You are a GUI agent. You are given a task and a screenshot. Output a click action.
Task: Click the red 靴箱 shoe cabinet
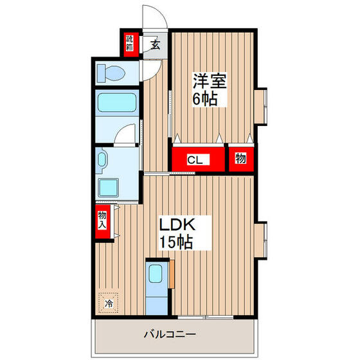[x=130, y=44]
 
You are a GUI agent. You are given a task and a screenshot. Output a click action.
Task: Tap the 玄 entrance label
[x=155, y=44]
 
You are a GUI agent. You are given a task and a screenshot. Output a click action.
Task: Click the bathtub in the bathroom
[x=116, y=104]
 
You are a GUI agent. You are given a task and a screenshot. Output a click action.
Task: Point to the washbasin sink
[x=102, y=163]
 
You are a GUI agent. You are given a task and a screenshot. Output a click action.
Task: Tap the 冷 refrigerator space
[x=109, y=303]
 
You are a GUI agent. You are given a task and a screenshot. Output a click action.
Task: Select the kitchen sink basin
[x=156, y=275]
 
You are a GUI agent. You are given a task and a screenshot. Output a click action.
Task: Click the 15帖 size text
[x=176, y=242]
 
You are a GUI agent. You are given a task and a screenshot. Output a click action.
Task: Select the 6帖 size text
[x=205, y=100]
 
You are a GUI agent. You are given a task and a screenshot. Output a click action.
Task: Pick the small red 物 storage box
[x=240, y=159]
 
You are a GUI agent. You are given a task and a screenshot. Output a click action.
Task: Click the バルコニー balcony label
[x=169, y=335]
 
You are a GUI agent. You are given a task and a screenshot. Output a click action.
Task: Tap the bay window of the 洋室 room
[x=263, y=107]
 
